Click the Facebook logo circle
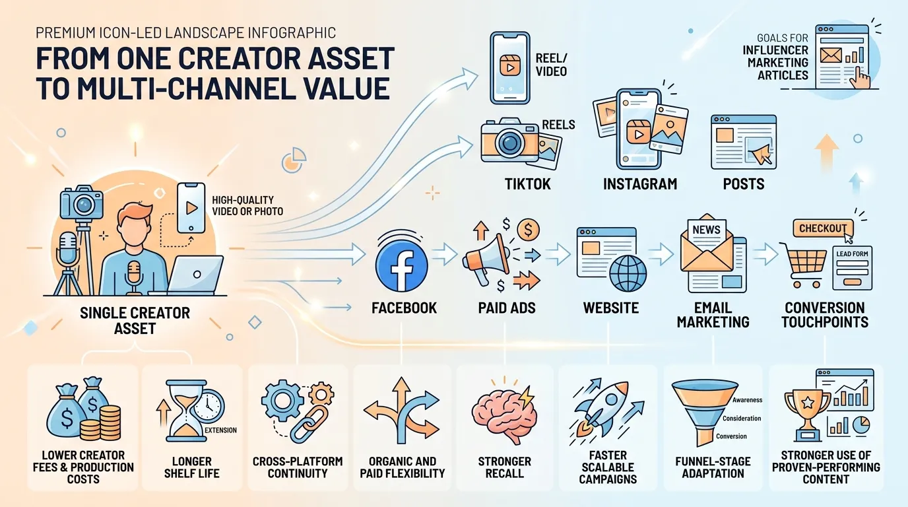pos(402,263)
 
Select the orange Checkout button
pos(822,228)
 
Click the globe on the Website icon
pos(627,271)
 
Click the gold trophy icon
pos(807,413)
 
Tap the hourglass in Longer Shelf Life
pos(187,414)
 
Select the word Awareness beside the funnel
pos(747,400)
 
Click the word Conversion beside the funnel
pos(731,436)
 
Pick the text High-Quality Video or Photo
pos(247,205)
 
